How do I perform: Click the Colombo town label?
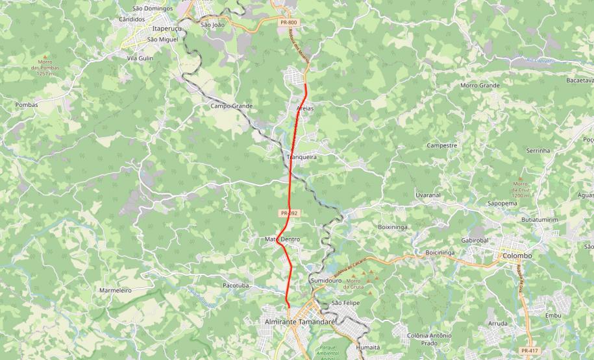pyautogui.click(x=517, y=256)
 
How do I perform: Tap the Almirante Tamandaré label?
pyautogui.click(x=299, y=322)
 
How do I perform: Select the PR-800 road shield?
pyautogui.click(x=290, y=23)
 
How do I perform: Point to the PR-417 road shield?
pyautogui.click(x=530, y=350)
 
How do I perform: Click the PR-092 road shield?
pyautogui.click(x=289, y=213)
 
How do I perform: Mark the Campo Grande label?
pyautogui.click(x=231, y=106)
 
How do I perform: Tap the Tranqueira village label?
pyautogui.click(x=301, y=157)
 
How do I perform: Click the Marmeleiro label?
pyautogui.click(x=116, y=290)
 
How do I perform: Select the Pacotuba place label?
pyautogui.click(x=236, y=285)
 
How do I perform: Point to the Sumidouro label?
pyautogui.click(x=325, y=280)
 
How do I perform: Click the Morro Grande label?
pyautogui.click(x=480, y=86)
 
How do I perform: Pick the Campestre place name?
pyautogui.click(x=441, y=145)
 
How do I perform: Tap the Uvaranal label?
pyautogui.click(x=428, y=195)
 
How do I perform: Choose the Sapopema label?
pyautogui.click(x=502, y=203)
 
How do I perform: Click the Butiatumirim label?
pyautogui.click(x=539, y=220)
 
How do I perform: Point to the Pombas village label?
pyautogui.click(x=27, y=104)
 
